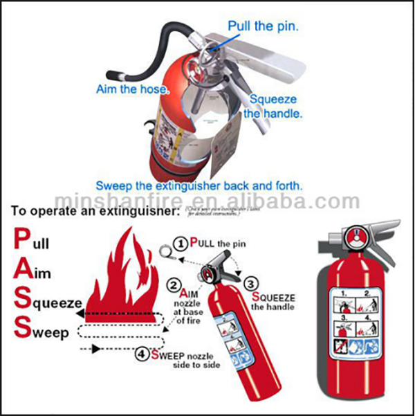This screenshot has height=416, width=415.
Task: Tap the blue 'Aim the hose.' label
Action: (132, 90)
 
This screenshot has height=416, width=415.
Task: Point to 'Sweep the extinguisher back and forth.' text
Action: (199, 186)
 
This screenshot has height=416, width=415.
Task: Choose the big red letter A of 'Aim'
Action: (21, 272)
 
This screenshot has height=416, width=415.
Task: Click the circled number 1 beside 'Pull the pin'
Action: (181, 244)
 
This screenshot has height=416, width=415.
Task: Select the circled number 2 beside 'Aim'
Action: (175, 282)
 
